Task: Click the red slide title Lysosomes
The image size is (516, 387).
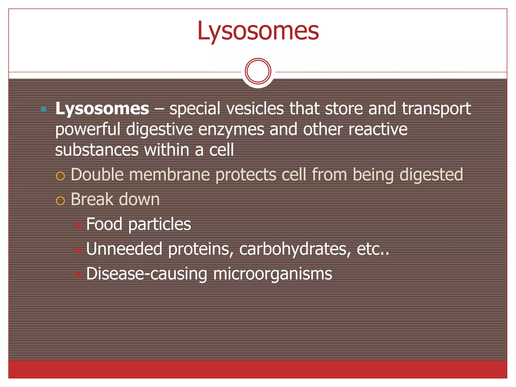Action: (x=258, y=31)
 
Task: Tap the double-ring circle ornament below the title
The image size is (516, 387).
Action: (x=258, y=71)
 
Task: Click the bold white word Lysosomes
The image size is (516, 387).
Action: (x=102, y=109)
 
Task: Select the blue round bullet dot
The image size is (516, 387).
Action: (x=44, y=109)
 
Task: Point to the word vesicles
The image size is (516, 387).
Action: (x=255, y=109)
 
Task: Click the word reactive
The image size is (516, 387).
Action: (x=378, y=129)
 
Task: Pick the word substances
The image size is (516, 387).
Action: (x=97, y=150)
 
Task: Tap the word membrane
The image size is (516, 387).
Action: (x=169, y=175)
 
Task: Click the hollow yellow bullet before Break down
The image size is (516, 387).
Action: (x=60, y=201)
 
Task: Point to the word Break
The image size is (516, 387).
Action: (x=92, y=199)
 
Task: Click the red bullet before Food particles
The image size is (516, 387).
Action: (x=79, y=225)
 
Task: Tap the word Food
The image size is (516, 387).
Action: (x=104, y=224)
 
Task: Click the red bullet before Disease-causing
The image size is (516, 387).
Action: (x=79, y=274)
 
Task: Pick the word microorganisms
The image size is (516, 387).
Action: (x=272, y=274)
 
